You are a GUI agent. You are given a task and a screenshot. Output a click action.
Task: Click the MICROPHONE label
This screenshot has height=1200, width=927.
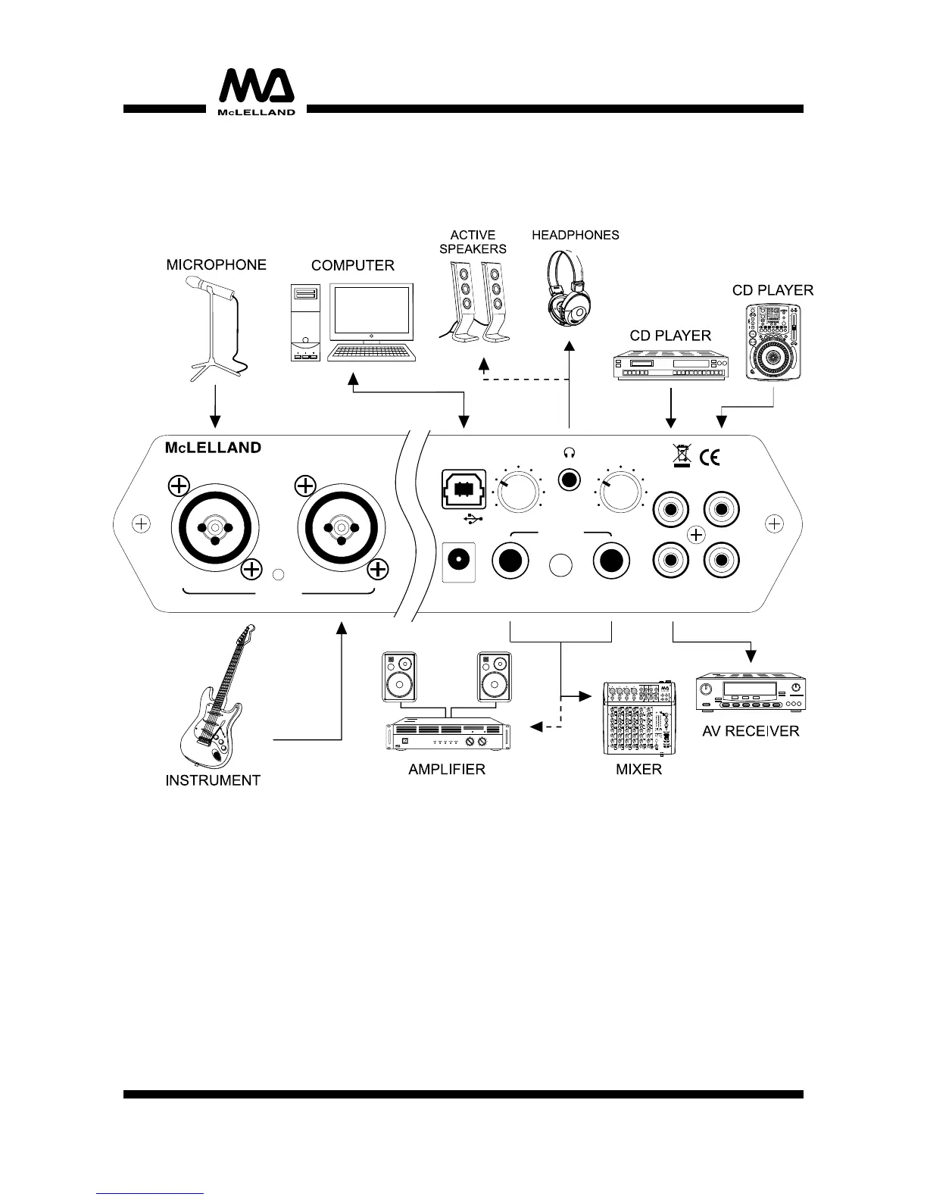pyautogui.click(x=216, y=265)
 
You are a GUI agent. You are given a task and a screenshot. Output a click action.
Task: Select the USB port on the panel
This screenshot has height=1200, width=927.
pyautogui.click(x=463, y=490)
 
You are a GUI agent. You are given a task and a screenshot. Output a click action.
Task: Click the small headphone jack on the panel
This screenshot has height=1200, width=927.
pyautogui.click(x=569, y=480)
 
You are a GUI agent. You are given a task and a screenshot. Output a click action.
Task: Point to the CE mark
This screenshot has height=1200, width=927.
pyautogui.click(x=709, y=457)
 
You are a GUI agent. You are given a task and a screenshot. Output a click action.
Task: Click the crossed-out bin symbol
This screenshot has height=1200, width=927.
pyautogui.click(x=682, y=455)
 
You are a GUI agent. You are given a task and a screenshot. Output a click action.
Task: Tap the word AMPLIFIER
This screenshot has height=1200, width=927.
pyautogui.click(x=446, y=770)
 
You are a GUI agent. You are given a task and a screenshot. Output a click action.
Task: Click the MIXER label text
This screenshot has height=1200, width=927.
pyautogui.click(x=638, y=770)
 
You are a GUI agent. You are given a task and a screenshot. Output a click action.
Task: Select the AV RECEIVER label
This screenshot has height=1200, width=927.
pyautogui.click(x=751, y=731)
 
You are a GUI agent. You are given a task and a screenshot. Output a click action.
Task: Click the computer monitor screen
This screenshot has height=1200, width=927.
pyautogui.click(x=371, y=314)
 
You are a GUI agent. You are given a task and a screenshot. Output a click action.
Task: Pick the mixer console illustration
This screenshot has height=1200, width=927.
pyautogui.click(x=638, y=717)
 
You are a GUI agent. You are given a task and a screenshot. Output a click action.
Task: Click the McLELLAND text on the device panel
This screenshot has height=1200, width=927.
pyautogui.click(x=213, y=448)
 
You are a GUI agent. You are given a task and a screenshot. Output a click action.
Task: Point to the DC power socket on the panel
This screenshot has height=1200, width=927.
pyautogui.click(x=458, y=561)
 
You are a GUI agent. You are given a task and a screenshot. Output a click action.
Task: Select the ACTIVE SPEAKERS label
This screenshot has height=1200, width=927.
pyautogui.click(x=473, y=242)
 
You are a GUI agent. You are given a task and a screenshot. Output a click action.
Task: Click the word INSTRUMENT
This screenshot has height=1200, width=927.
pyautogui.click(x=213, y=780)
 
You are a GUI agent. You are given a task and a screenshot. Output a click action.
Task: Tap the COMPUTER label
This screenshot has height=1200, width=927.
pyautogui.click(x=353, y=266)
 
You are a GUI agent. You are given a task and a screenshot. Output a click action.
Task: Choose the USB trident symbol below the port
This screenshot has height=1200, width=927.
pyautogui.click(x=475, y=520)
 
